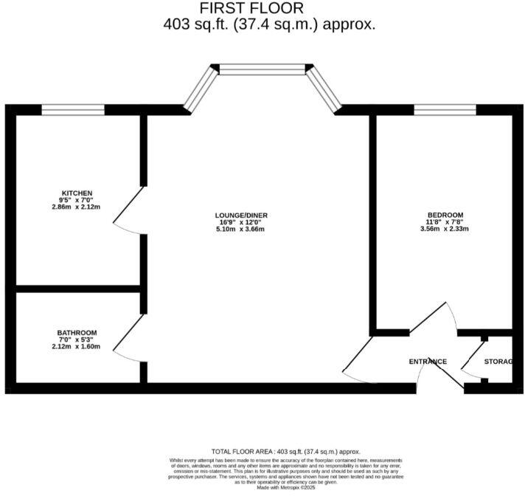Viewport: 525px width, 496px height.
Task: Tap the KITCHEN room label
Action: [x=76, y=193]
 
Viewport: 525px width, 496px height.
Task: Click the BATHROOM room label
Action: [x=76, y=333]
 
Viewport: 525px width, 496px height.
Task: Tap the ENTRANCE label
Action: [x=428, y=362]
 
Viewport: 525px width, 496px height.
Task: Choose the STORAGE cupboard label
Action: [x=498, y=362]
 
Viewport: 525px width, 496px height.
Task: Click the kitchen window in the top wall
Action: [x=72, y=110]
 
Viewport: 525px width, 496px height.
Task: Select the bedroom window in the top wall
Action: [x=445, y=110]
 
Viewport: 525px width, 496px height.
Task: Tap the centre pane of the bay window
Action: [x=262, y=69]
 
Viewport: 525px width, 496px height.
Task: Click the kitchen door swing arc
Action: [x=122, y=210]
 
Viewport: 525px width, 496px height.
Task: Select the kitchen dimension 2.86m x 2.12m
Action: [x=76, y=207]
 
